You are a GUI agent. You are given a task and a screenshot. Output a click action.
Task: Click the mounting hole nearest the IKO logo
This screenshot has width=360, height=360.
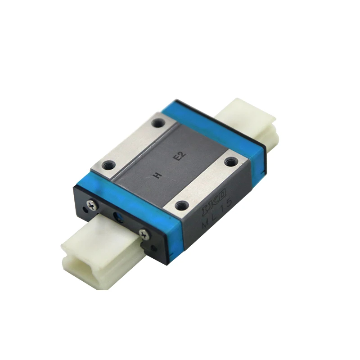click(182, 206)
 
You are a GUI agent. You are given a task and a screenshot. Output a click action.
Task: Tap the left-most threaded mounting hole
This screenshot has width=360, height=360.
click(108, 165)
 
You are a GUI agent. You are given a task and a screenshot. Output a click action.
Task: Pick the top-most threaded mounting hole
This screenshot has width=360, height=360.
click(158, 122)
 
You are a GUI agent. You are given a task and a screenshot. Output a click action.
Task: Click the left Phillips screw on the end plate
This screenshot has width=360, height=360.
click(91, 205)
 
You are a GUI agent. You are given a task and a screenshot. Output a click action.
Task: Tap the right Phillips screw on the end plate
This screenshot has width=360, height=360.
click(144, 234)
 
